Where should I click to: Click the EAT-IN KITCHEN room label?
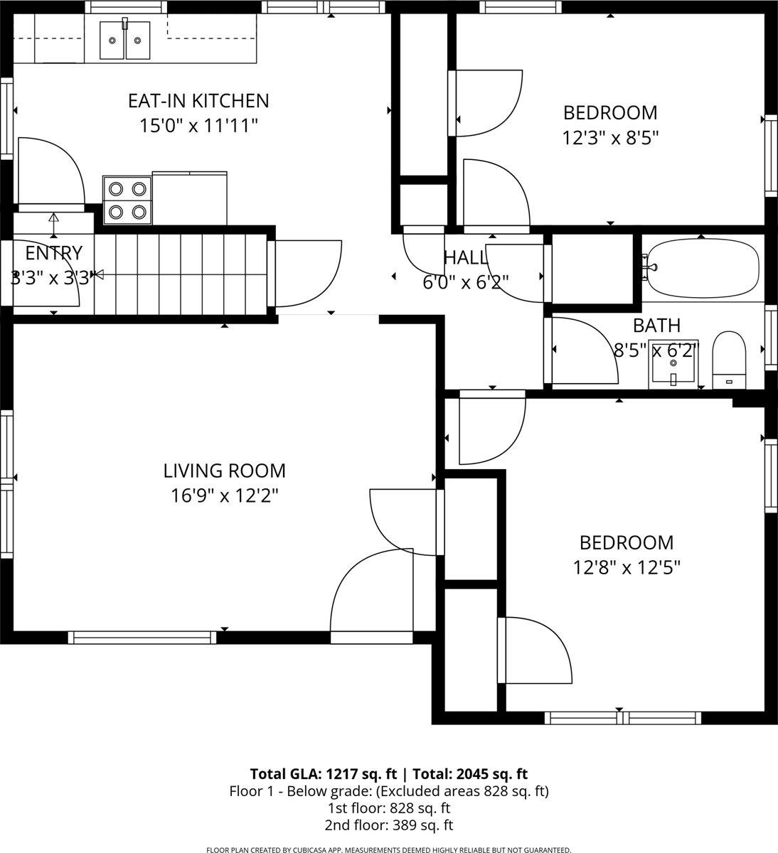(x=198, y=101)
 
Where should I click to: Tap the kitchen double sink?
(x=125, y=41)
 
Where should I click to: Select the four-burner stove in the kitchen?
(x=128, y=200)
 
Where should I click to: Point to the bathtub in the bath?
(x=701, y=269)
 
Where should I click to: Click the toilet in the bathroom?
(x=728, y=360)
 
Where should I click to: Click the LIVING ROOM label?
(x=224, y=471)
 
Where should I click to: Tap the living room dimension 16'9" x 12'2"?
(x=224, y=495)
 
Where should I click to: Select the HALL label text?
(x=465, y=257)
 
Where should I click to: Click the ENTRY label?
(x=53, y=253)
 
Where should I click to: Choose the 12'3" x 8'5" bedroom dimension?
(x=610, y=137)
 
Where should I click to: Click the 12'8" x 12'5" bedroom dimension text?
(x=627, y=567)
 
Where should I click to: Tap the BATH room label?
(x=656, y=326)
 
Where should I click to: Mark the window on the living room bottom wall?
(x=142, y=638)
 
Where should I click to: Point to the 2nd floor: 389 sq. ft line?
(x=388, y=825)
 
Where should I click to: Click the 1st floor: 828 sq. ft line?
(x=388, y=808)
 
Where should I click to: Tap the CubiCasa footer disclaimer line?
(x=388, y=849)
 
